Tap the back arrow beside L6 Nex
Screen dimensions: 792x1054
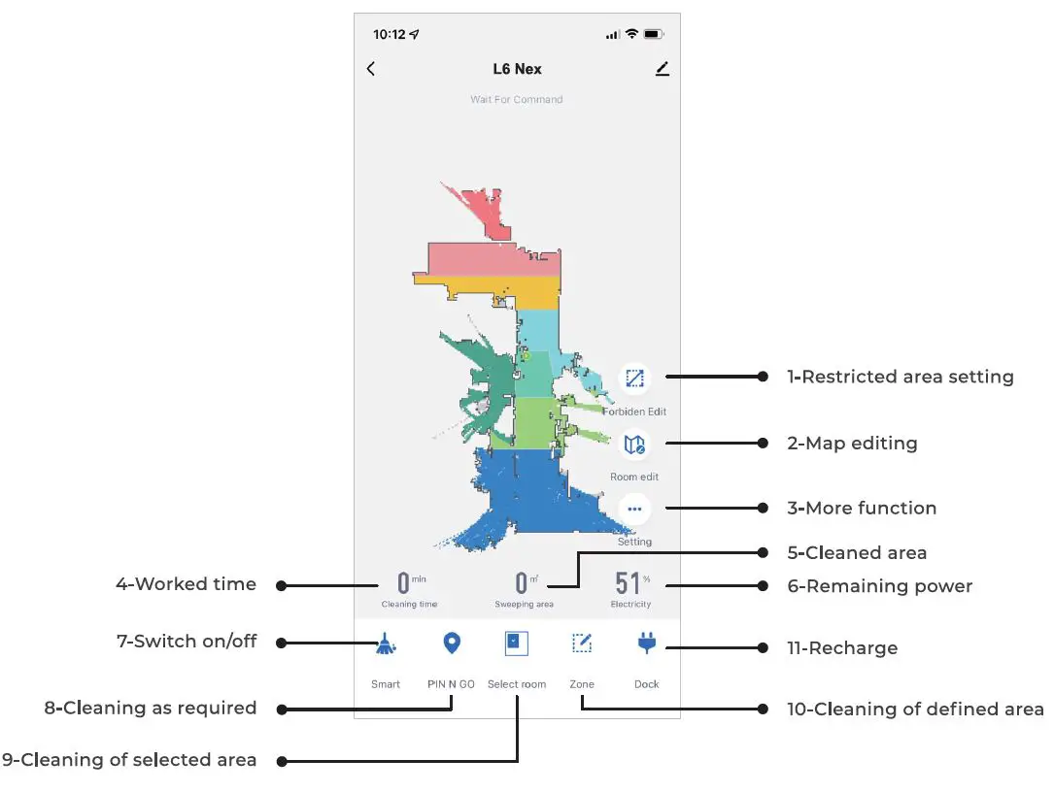pyautogui.click(x=371, y=69)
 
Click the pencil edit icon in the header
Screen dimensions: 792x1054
pyautogui.click(x=663, y=69)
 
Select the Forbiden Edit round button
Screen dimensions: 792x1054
pyautogui.click(x=635, y=378)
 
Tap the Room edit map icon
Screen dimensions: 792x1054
pyautogui.click(x=635, y=445)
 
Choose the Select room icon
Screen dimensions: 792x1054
pyautogui.click(x=517, y=643)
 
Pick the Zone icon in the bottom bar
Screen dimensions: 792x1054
pyautogui.click(x=582, y=643)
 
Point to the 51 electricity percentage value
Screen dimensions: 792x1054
pyautogui.click(x=628, y=583)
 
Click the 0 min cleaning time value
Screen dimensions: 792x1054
pyautogui.click(x=403, y=583)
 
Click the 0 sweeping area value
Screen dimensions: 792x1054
pyautogui.click(x=522, y=583)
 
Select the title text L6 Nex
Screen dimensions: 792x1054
pyautogui.click(x=517, y=69)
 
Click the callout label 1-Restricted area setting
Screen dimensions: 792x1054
pyautogui.click(x=900, y=377)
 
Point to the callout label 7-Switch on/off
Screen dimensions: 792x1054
pyautogui.click(x=187, y=642)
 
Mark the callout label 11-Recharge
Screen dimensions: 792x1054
pyautogui.click(x=842, y=648)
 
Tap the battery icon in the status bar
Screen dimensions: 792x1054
pyautogui.click(x=653, y=34)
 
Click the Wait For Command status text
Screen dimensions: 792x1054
pyautogui.click(x=517, y=99)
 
